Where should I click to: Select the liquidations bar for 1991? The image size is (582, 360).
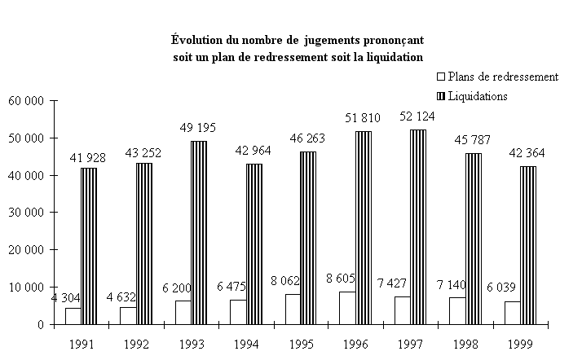coord(89,245)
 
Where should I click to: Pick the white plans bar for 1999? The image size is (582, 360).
coord(511,313)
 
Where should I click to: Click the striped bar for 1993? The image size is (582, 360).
coord(199,232)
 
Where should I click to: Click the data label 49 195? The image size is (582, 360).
coord(199,129)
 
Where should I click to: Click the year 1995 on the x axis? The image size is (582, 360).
coord(302,345)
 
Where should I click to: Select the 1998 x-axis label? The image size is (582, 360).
coord(465,345)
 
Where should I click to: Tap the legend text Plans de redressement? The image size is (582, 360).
coord(503,77)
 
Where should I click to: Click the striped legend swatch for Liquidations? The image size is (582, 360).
coord(441,96)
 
